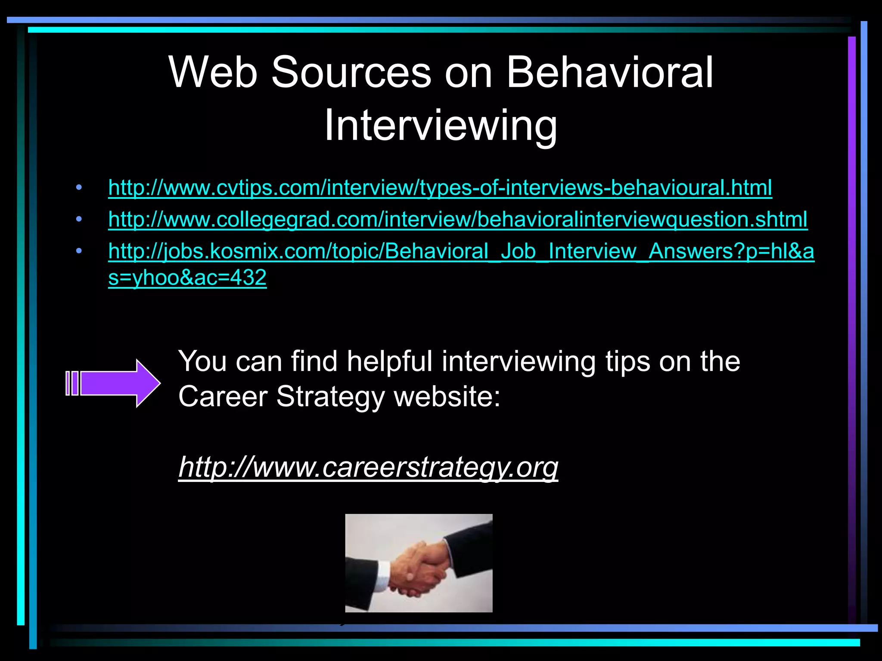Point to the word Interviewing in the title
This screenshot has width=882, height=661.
(441, 125)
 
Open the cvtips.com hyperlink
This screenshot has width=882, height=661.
(440, 188)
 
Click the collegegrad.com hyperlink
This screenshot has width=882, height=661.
(457, 219)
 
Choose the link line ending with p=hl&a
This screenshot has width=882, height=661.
(461, 251)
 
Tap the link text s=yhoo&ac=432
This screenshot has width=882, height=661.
(187, 278)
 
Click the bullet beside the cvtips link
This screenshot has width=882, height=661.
(78, 188)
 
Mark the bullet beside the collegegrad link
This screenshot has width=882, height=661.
(78, 219)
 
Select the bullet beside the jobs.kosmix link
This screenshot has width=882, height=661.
(78, 251)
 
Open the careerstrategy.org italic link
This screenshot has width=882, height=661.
(368, 467)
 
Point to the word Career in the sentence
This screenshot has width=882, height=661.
(223, 396)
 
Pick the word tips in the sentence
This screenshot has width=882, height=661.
(627, 361)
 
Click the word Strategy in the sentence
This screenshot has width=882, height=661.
(330, 396)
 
